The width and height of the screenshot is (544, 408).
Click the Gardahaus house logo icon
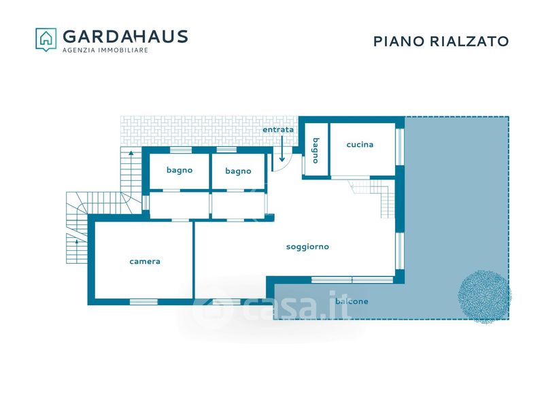click(x=46, y=39)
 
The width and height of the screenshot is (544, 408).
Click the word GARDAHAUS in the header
click(x=125, y=37)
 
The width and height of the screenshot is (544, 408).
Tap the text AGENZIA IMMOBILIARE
click(x=105, y=50)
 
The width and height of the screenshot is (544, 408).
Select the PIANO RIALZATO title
click(x=441, y=41)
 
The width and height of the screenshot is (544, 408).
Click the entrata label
click(x=278, y=130)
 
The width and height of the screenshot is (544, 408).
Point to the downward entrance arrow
click(x=282, y=149)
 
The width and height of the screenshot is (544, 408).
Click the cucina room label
click(x=360, y=144)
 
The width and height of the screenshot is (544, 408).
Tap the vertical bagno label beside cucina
click(x=316, y=150)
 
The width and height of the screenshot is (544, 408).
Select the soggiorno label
click(x=307, y=247)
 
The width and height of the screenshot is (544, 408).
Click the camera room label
click(x=145, y=261)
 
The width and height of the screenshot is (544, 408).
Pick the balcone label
click(x=352, y=301)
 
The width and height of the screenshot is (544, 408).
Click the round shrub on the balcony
click(x=484, y=296)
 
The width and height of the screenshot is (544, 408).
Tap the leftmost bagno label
click(x=180, y=171)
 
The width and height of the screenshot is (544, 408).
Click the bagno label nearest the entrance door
click(x=238, y=171)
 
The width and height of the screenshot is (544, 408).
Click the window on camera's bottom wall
click(x=143, y=302)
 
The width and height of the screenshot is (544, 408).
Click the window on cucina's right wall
click(x=400, y=146)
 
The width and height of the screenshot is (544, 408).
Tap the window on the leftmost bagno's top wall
click(x=181, y=150)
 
